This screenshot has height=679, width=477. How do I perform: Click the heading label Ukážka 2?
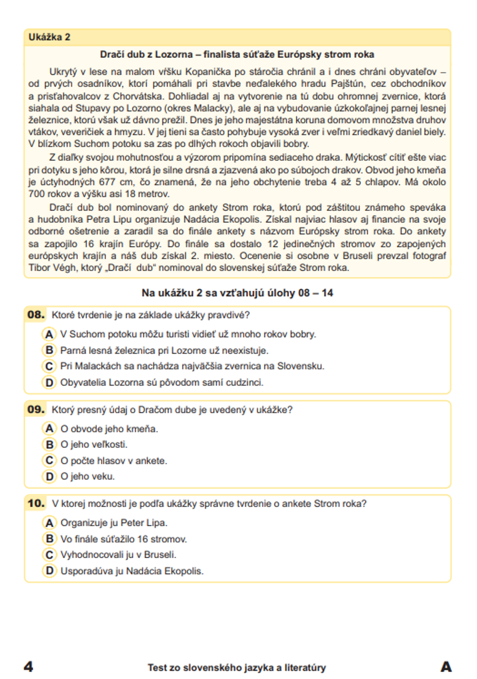pyautogui.click(x=49, y=37)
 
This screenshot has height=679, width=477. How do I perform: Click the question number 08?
pyautogui.click(x=36, y=315)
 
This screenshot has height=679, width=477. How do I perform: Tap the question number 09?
pyautogui.click(x=36, y=410)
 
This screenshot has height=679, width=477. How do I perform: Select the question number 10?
pyautogui.click(x=36, y=503)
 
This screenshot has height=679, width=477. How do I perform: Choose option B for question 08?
pyautogui.click(x=49, y=350)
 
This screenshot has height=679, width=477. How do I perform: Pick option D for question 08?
pyautogui.click(x=49, y=382)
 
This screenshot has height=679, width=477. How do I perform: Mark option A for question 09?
pyautogui.click(x=49, y=429)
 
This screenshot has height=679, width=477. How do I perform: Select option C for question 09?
pyautogui.click(x=49, y=460)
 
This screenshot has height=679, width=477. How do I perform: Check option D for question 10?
pyautogui.click(x=49, y=571)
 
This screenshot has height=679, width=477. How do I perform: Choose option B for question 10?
pyautogui.click(x=49, y=539)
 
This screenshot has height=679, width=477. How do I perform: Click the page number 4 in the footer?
pyautogui.click(x=29, y=667)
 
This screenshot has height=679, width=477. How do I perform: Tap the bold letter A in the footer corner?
pyautogui.click(x=446, y=667)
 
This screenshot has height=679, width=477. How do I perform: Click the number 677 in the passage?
pyautogui.click(x=107, y=182)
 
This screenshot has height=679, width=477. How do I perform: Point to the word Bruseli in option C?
pyautogui.click(x=159, y=555)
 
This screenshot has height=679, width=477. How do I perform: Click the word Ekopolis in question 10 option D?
pyautogui.click(x=184, y=571)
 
